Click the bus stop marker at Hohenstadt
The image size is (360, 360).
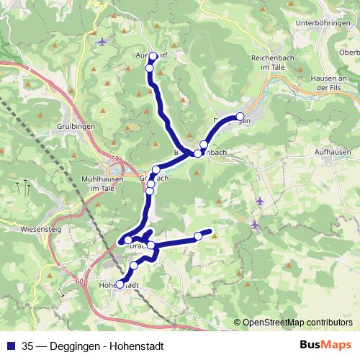[x=120, y=284]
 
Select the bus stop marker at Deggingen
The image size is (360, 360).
[x=240, y=117]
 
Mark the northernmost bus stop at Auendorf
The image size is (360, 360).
[x=153, y=55]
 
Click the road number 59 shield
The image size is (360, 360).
[x=115, y=159]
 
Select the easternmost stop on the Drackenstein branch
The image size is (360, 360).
[x=199, y=236]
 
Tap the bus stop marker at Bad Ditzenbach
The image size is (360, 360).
[x=197, y=153]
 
